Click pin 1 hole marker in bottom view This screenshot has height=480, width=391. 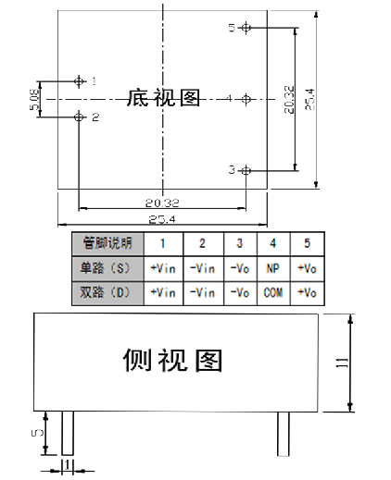[79, 81]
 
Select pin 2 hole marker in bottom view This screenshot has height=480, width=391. [79, 117]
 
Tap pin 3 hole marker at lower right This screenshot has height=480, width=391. [246, 170]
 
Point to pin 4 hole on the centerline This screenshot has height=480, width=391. [246, 99]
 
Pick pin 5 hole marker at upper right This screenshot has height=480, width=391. [246, 28]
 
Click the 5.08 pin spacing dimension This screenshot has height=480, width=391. [35, 99]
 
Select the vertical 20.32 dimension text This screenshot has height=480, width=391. [289, 99]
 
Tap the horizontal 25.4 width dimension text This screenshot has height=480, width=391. [162, 219]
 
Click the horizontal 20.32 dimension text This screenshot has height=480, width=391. [162, 203]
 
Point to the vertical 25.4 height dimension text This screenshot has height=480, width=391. [309, 99]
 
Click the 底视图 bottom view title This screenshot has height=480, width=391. [163, 98]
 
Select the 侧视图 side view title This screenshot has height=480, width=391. [172, 360]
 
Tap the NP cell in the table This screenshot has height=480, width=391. [273, 268]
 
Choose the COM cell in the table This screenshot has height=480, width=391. [273, 292]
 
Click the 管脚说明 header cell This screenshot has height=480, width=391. [107, 243]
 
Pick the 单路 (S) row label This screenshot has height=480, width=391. [105, 268]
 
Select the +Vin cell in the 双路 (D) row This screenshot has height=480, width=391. [163, 292]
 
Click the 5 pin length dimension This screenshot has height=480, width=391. [37, 433]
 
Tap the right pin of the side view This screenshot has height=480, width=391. [284, 434]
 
